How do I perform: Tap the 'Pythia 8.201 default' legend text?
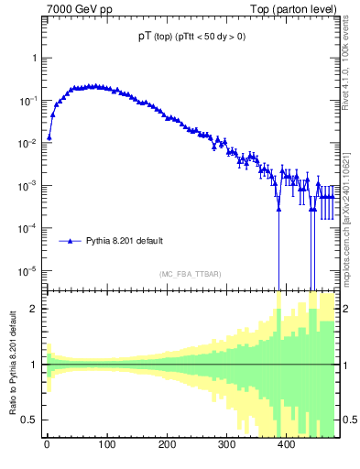pyautogui.click(x=125, y=241)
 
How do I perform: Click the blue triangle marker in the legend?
pyautogui.click(x=71, y=241)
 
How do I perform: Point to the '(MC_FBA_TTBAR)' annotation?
pyautogui.click(x=190, y=274)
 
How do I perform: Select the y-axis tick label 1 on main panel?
pyautogui.click(x=34, y=58)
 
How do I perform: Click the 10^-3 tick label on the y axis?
pyautogui.click(x=29, y=185)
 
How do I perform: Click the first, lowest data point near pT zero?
pyautogui.click(x=49, y=136)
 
